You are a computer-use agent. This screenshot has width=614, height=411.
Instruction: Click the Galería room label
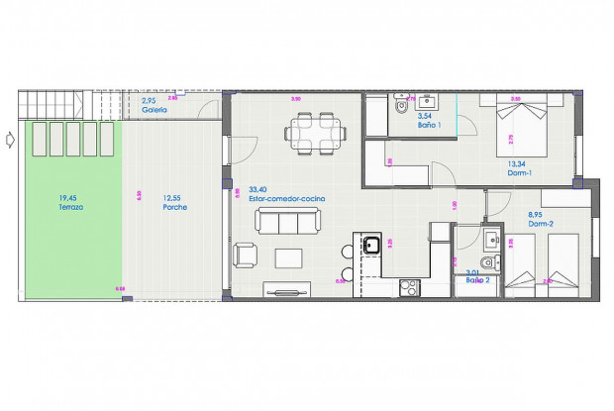point(153,110)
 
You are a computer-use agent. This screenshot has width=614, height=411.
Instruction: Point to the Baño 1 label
point(429,125)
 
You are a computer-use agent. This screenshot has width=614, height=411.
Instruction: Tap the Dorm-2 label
point(541,223)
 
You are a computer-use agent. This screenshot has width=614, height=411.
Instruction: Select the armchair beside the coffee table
point(244,257)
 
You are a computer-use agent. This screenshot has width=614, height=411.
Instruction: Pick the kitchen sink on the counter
point(371,245)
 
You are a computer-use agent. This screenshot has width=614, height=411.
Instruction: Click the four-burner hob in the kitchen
point(410,287)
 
